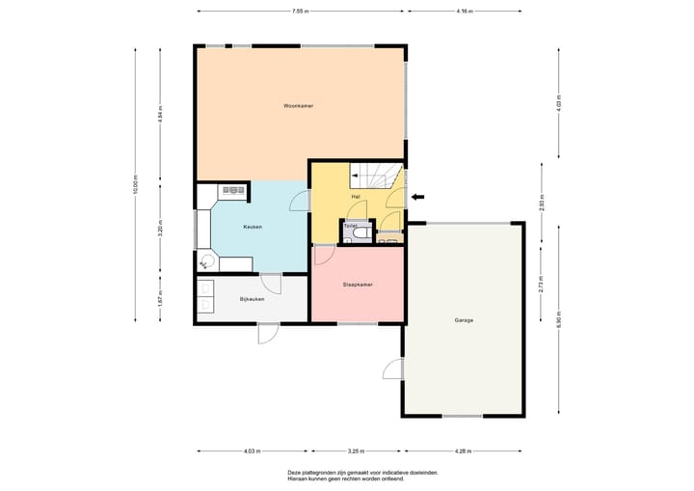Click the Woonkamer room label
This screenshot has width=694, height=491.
pos(298,106)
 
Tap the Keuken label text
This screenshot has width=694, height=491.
pos(253,227)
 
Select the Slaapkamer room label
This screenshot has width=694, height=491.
pos(358,285)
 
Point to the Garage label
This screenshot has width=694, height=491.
pos(464,320)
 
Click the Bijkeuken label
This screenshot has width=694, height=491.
pos(252,299)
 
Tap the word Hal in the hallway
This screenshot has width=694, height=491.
pos(356,197)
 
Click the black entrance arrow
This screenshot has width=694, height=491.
pos(417,197)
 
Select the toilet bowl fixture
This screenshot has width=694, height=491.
pos(363,232)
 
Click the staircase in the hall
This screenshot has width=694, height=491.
pos(376,176)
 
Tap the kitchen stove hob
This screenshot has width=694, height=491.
pos(233,190)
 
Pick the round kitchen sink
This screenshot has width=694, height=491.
pos(206,260)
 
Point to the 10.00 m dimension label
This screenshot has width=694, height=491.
pos(136,184)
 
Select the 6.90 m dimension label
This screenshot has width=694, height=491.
pos(558,320)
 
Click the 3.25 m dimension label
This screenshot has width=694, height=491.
pos(356,451)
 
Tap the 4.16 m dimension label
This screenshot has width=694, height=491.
pos(465,11)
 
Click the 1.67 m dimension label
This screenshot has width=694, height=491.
pos(160,298)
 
